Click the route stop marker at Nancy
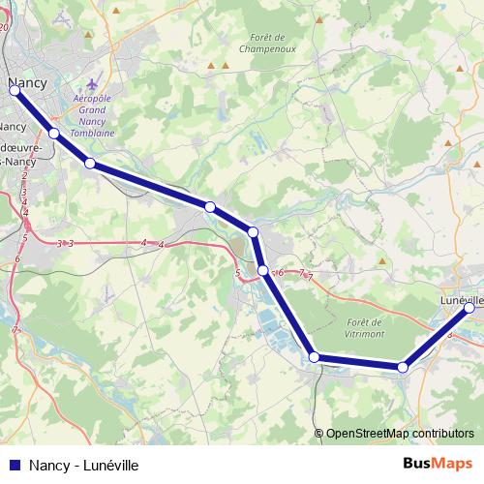click(x=15, y=92)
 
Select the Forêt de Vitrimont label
click(x=365, y=326)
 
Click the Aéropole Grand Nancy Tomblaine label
click(x=95, y=116)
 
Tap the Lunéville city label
click(x=461, y=299)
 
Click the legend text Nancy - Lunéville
click(x=84, y=466)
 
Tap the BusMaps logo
click(x=437, y=465)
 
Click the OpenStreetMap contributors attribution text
click(x=399, y=434)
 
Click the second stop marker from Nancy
click(x=54, y=133)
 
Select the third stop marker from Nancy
click(x=90, y=164)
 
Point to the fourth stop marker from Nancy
click(x=209, y=206)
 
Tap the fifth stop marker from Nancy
click(x=253, y=232)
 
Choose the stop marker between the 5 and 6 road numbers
click(x=262, y=270)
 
